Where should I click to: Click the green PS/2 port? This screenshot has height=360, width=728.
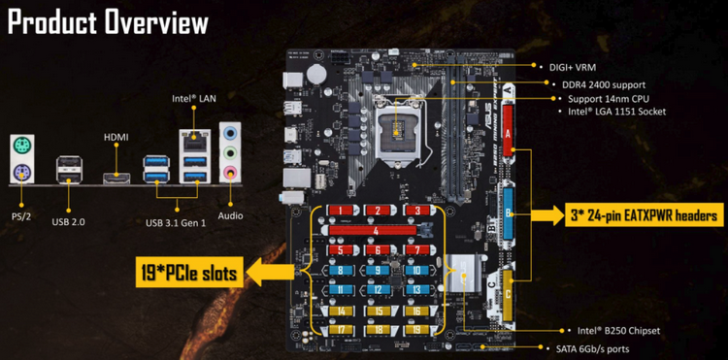(20, 146)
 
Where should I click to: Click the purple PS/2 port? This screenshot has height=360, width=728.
(20, 173)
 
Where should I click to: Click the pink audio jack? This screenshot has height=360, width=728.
(230, 173)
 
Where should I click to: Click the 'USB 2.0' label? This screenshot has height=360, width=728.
(68, 222)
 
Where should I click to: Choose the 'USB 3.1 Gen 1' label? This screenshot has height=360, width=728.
(177, 222)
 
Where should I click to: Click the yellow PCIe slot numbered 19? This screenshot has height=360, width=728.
(415, 330)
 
